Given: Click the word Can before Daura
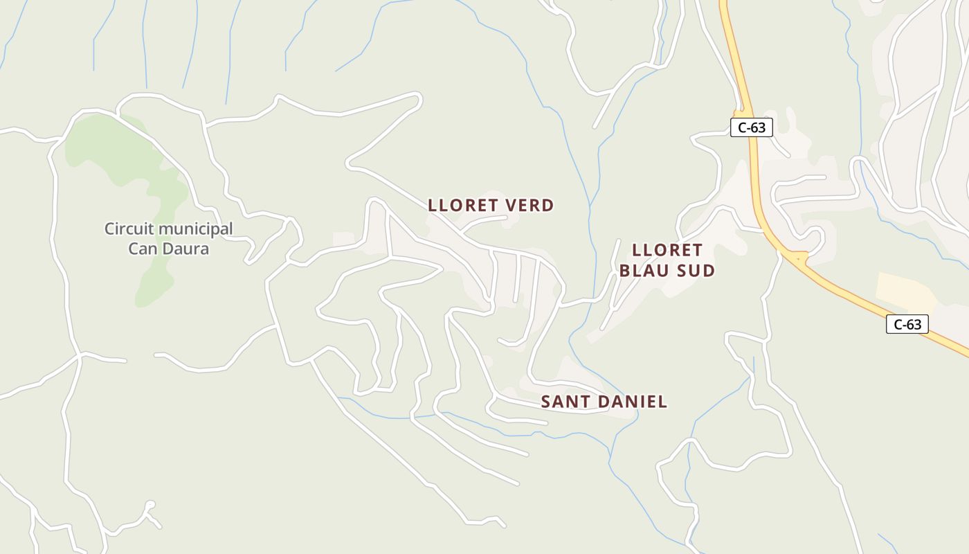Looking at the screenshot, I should [142, 248].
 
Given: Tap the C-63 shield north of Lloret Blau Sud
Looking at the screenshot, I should [751, 127].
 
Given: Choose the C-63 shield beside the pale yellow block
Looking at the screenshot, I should [907, 323].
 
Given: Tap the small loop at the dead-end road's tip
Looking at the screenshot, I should [150, 505].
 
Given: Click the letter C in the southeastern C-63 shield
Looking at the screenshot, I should [898, 323].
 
